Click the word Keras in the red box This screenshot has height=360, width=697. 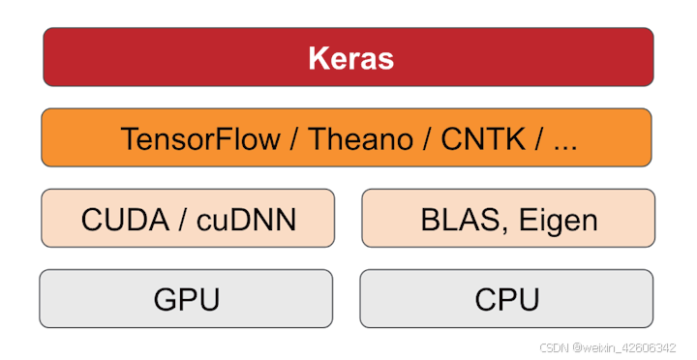pos(350,58)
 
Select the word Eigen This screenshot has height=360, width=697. pos(558,220)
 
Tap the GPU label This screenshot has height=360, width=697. pos(187,299)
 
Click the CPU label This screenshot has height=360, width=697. pos(507,299)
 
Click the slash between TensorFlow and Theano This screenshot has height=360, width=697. pos(297,138)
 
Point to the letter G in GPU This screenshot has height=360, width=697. pos(166,299)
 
